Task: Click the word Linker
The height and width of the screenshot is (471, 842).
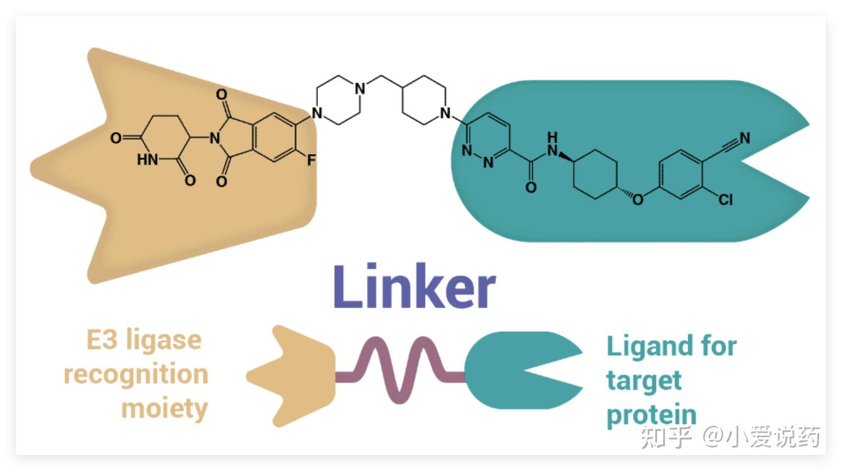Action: pos(415,286)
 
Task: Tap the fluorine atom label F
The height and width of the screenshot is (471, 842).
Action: pos(311,160)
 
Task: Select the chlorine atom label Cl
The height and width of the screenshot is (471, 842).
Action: pos(726,199)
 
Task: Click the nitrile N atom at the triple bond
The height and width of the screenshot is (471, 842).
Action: pos(745,138)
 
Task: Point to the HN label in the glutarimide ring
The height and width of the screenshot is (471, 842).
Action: pos(147,160)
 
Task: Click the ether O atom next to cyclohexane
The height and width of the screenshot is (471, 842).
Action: pos(638,199)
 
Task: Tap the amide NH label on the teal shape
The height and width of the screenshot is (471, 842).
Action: pos(552,144)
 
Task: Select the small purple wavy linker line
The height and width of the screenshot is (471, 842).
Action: pos(400,371)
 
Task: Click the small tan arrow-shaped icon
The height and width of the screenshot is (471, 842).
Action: pos(290,376)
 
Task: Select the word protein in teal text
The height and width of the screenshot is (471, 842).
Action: pos(652,416)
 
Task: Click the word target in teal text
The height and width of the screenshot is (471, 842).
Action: pos(644,381)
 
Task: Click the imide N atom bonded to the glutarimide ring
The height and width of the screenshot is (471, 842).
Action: pos(215,138)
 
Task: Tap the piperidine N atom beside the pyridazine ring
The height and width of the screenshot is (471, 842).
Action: pos(445,113)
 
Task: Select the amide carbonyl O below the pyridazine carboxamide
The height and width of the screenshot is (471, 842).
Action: pos(531,187)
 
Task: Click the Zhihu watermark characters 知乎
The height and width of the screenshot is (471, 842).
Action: pos(666,437)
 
